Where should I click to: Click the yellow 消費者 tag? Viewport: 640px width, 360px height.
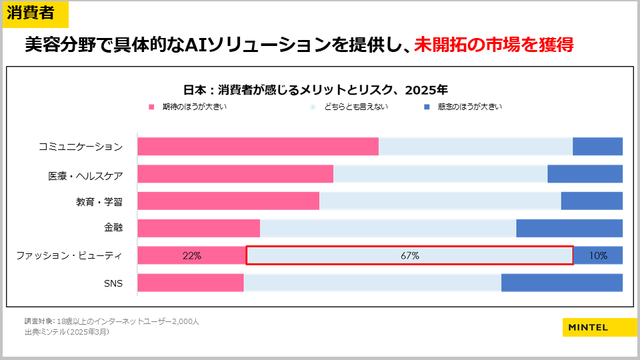(x=35, y=13)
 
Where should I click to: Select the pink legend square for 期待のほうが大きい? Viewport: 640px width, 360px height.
(x=152, y=107)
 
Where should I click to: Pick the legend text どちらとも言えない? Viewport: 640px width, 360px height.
(x=356, y=107)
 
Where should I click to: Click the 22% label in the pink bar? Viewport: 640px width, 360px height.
(x=191, y=255)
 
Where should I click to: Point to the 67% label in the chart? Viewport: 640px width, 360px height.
(x=409, y=255)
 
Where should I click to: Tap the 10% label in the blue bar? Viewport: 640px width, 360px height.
(x=598, y=255)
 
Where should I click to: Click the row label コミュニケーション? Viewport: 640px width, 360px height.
(x=80, y=147)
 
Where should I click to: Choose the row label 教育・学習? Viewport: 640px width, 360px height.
(x=99, y=201)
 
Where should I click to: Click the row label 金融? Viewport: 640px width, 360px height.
(x=113, y=228)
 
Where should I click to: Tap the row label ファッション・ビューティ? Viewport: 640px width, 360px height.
(x=69, y=255)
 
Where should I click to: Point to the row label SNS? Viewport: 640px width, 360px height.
(x=113, y=283)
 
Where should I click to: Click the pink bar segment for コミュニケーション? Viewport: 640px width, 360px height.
(x=258, y=147)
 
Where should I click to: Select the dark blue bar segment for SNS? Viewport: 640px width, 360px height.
(x=561, y=283)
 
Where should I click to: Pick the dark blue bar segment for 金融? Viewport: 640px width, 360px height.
(x=569, y=228)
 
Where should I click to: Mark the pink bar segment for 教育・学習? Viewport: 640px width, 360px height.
(x=228, y=201)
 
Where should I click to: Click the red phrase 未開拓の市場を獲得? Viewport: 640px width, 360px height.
(x=493, y=45)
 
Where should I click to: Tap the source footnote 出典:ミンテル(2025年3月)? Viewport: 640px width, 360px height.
(x=67, y=332)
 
